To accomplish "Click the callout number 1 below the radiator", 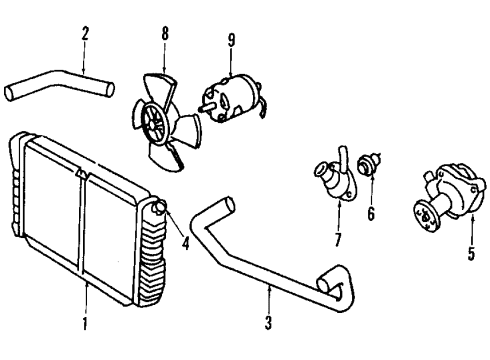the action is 85,322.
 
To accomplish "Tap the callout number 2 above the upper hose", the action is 85,33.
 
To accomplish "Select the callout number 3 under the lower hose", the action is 269,322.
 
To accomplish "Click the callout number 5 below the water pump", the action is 471,253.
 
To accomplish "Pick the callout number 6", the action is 371,213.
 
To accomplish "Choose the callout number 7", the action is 338,239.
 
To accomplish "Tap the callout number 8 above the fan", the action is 165,33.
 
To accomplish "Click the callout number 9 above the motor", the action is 231,40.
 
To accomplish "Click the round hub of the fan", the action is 154,123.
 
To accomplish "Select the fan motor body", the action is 231,97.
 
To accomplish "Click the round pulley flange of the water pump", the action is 426,216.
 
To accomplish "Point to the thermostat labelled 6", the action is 368,163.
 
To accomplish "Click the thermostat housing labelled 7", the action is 336,175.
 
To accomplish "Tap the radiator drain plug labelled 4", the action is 159,207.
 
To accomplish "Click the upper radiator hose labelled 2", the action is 59,84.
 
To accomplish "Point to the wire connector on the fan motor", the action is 263,108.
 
